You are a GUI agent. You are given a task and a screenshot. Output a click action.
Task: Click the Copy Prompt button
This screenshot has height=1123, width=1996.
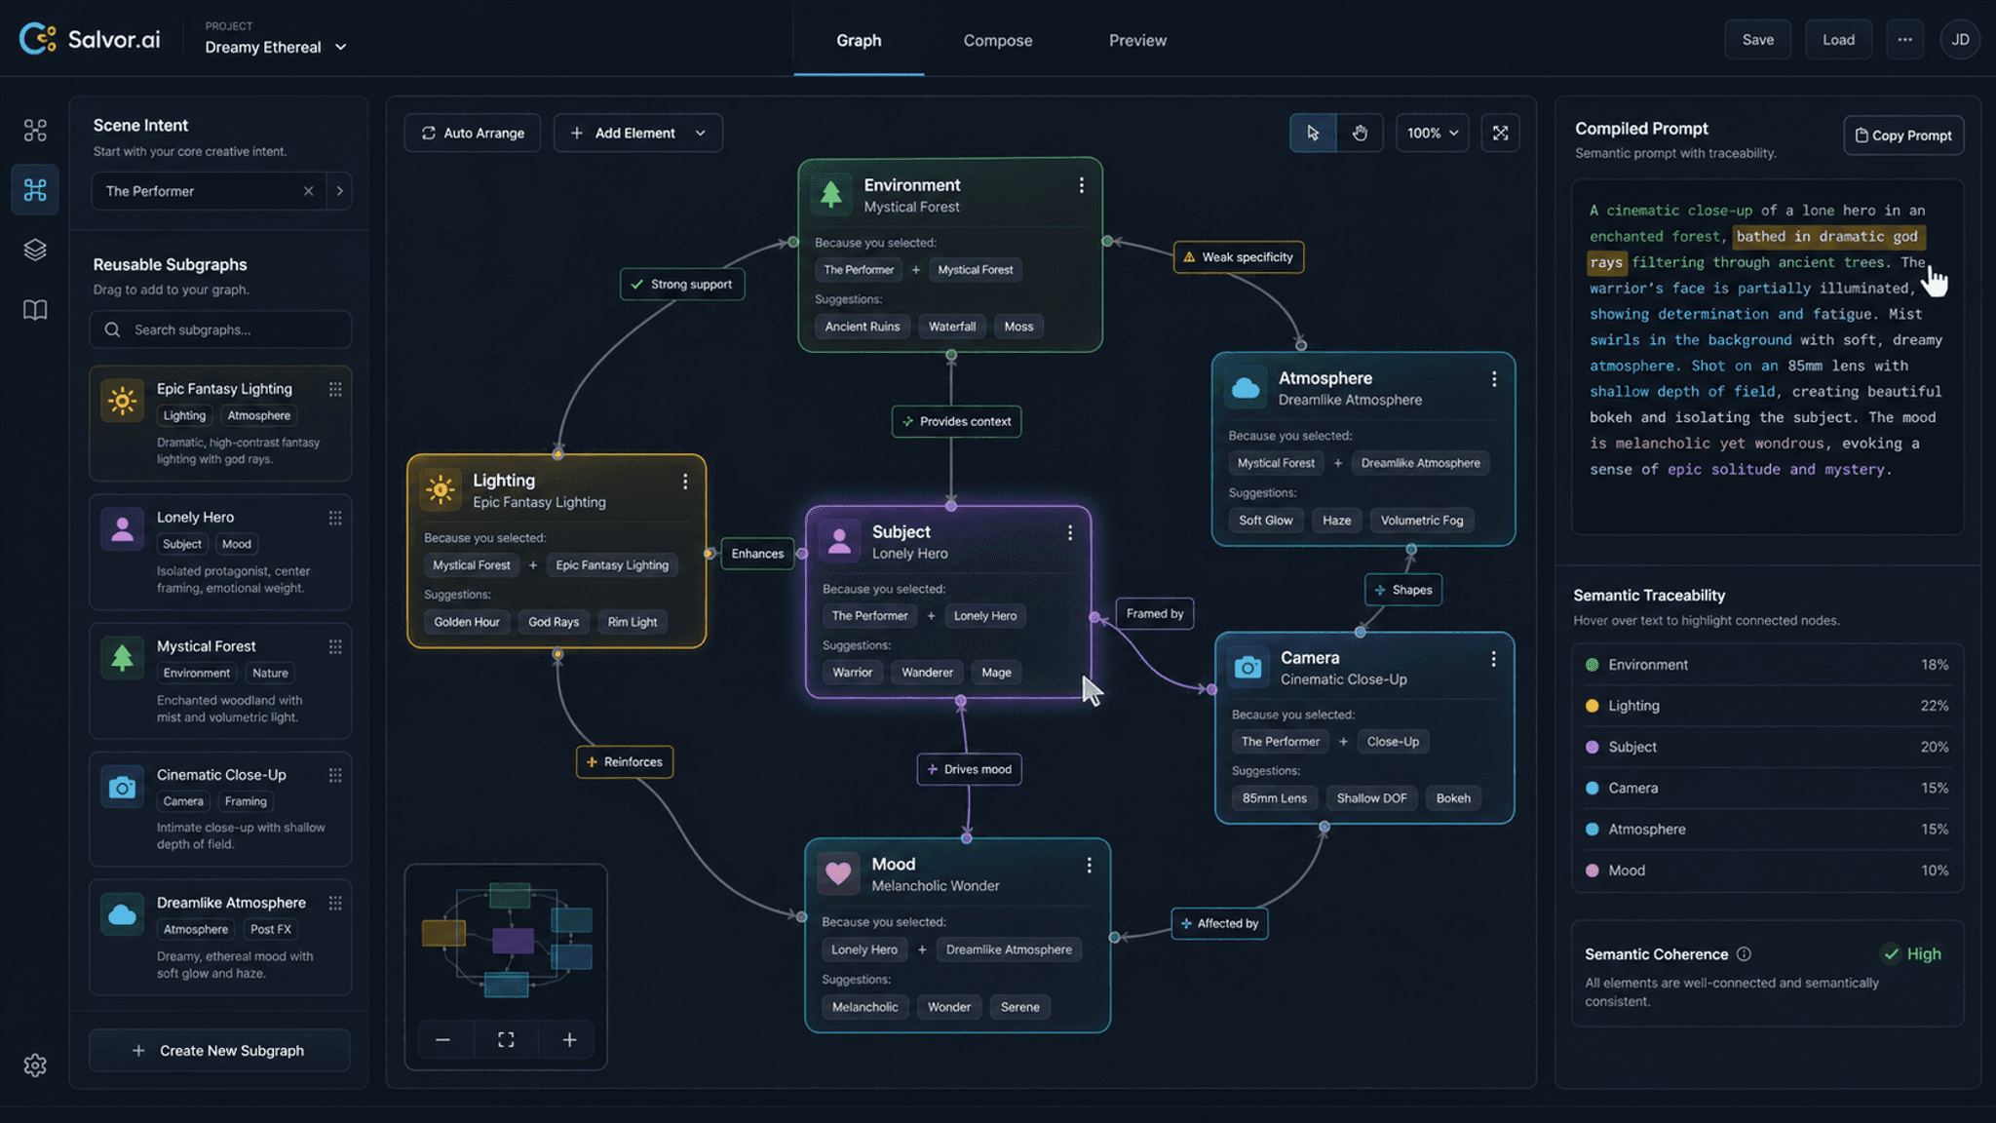(x=1903, y=136)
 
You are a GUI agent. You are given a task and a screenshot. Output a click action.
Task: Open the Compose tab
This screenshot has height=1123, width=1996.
(x=998, y=40)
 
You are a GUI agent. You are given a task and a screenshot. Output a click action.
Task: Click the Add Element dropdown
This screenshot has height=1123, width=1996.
(x=638, y=133)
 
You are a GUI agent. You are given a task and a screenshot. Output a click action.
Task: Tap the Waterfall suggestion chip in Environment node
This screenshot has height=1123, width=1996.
(x=952, y=327)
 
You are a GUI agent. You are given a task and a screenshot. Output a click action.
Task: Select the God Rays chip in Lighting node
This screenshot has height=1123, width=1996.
(x=554, y=622)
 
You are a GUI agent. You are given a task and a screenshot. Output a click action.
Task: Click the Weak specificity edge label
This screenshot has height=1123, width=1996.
(x=1238, y=257)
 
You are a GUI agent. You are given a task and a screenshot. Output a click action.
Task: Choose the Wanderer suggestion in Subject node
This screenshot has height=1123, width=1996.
(x=927, y=673)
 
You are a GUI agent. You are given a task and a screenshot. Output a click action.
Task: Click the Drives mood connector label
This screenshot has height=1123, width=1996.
(x=969, y=769)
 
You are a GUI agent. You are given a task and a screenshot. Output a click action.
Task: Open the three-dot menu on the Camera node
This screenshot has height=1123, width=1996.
(x=1493, y=659)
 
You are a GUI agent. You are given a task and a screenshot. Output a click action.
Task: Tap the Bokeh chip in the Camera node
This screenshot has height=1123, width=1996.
(x=1453, y=798)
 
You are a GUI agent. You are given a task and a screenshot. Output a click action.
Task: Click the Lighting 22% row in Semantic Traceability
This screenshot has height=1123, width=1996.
(x=1767, y=706)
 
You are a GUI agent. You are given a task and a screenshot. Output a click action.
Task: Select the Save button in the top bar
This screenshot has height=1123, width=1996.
(x=1757, y=40)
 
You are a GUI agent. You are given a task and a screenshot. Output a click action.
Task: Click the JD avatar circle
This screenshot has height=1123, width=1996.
(x=1960, y=40)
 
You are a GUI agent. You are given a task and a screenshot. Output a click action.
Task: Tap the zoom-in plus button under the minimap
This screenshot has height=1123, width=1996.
(x=569, y=1040)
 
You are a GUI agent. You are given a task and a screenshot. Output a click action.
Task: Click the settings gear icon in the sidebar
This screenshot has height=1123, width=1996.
(x=35, y=1065)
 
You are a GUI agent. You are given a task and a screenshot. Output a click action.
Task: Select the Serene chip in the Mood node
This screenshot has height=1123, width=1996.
(x=1019, y=1007)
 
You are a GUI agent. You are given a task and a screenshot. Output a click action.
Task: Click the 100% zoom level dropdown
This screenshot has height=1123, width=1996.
(x=1432, y=133)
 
